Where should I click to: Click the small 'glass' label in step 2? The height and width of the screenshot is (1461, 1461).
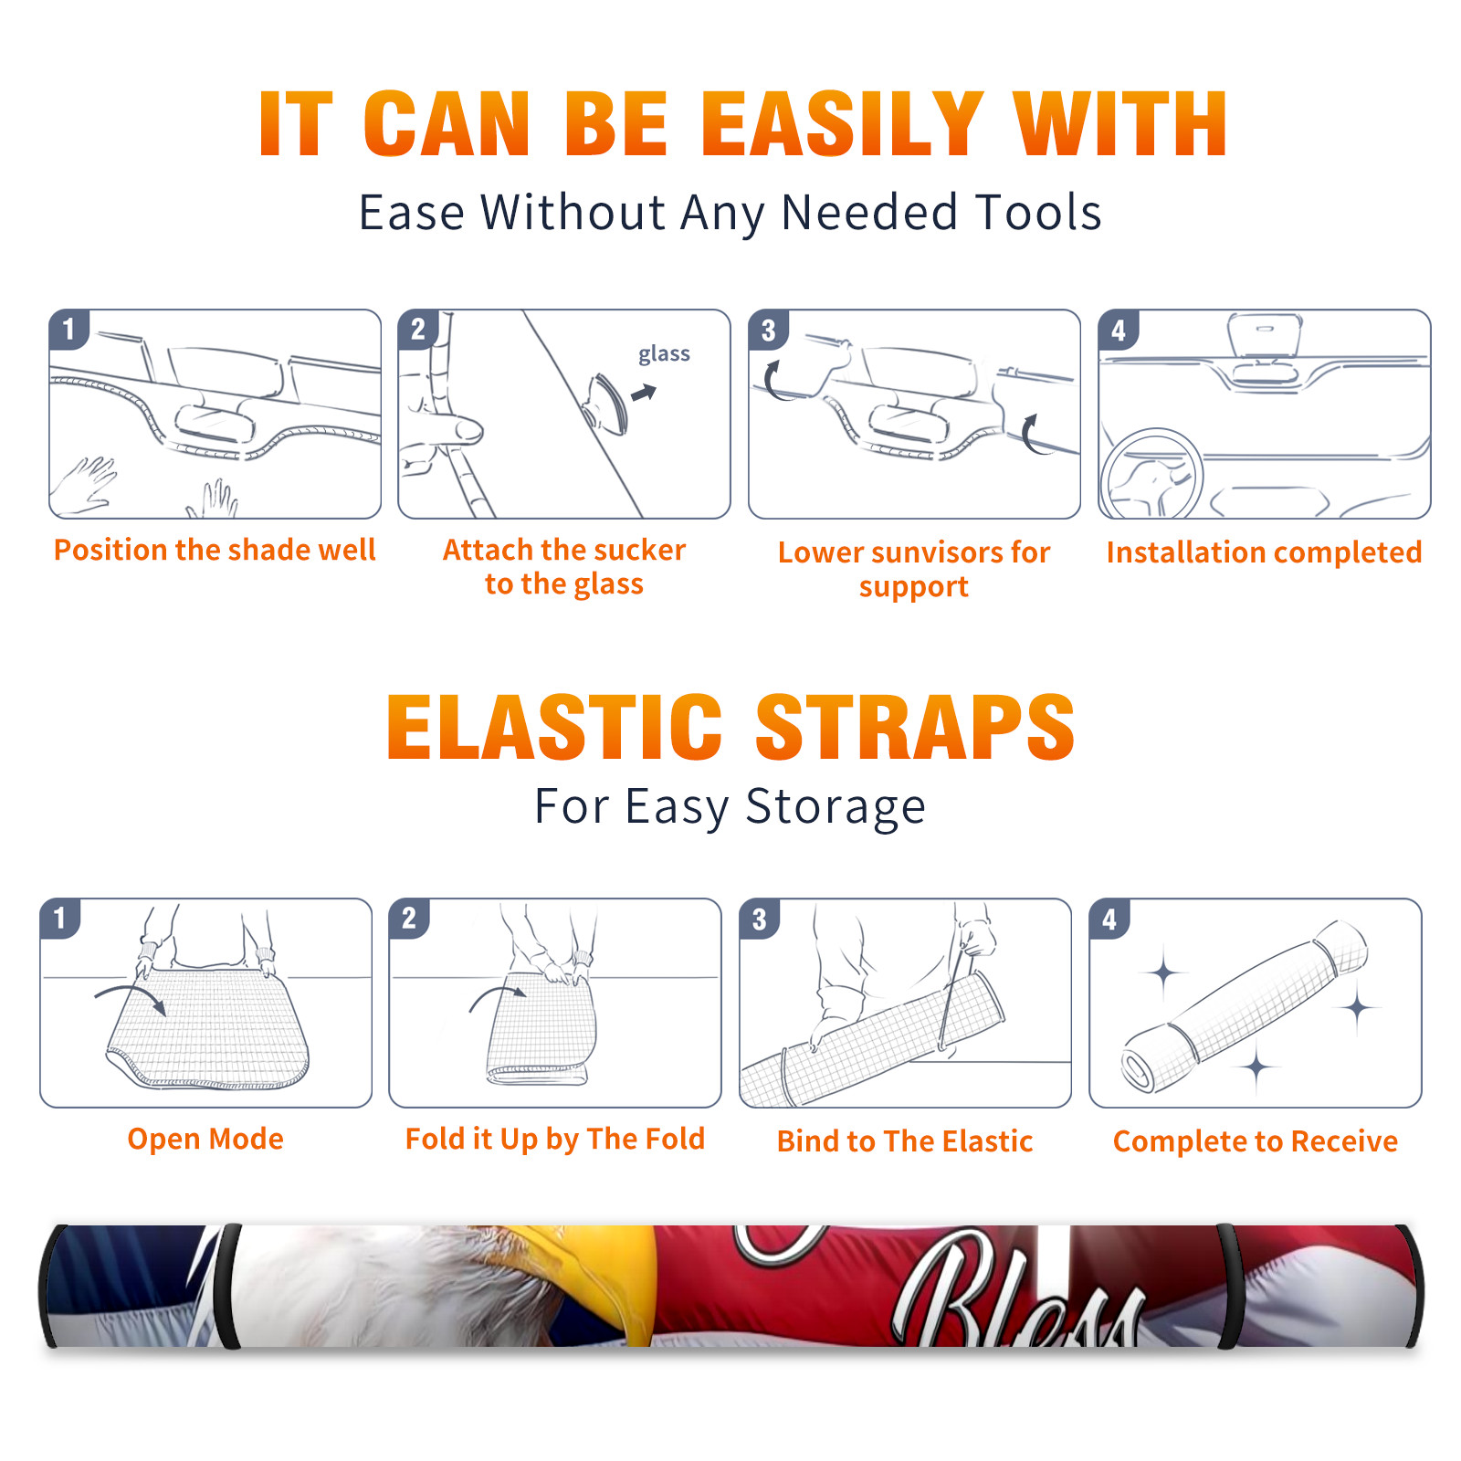(664, 354)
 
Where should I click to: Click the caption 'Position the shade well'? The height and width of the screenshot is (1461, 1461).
(215, 550)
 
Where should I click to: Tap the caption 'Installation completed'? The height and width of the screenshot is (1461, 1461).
(1264, 552)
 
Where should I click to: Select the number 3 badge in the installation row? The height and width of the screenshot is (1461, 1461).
(768, 331)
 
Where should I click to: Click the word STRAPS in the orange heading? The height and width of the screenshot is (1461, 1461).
(915, 727)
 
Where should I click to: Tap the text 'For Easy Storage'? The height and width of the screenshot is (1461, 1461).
(730, 807)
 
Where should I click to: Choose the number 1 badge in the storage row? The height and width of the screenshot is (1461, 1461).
(60, 918)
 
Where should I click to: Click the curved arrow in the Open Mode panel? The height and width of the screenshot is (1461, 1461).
(131, 996)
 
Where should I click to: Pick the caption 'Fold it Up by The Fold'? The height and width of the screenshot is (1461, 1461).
(555, 1140)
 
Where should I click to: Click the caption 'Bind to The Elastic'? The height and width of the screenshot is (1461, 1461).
(905, 1141)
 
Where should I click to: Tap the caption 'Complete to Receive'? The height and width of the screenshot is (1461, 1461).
(1256, 1141)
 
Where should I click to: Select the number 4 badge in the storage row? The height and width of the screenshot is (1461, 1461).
(1109, 919)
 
